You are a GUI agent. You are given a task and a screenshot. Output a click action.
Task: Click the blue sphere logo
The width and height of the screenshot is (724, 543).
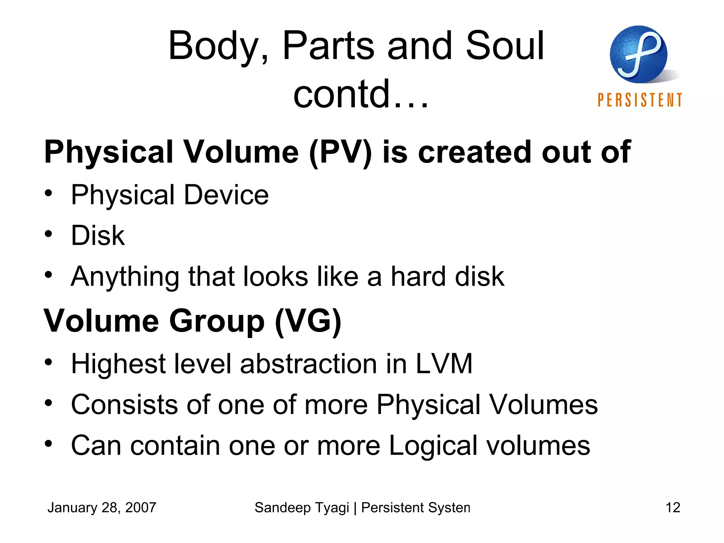(638, 54)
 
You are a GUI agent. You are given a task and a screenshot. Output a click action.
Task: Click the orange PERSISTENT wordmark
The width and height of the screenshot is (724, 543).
(640, 100)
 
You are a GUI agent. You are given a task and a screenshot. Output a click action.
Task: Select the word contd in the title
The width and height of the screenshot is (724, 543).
(341, 94)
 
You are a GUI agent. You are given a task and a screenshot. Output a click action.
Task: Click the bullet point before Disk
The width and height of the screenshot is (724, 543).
(48, 234)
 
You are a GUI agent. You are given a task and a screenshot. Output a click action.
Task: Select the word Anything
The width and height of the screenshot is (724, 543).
(125, 277)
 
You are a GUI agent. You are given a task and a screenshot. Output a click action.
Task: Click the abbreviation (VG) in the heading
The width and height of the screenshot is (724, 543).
(308, 321)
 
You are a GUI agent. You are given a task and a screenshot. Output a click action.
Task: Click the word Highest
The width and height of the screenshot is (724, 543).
(118, 364)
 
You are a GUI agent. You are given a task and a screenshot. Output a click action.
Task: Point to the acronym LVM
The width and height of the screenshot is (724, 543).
(444, 364)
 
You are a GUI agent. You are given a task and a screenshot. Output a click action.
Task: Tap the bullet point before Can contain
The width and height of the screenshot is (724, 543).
(48, 443)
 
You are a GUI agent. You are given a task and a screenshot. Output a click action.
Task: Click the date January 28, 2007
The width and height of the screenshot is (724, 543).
(102, 508)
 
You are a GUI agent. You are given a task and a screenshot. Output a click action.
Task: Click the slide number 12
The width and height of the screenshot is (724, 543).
(673, 508)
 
